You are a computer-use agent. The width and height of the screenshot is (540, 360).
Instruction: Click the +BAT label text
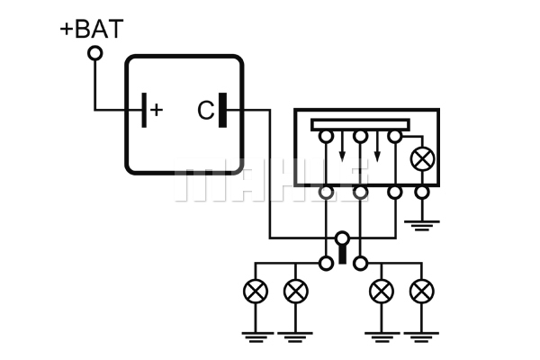tap(92, 29)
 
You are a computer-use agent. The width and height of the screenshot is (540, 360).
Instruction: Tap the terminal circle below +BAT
tap(95, 53)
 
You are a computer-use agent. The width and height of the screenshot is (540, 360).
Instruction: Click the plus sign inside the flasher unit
tap(157, 110)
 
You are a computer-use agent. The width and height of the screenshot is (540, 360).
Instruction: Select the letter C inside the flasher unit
tap(205, 110)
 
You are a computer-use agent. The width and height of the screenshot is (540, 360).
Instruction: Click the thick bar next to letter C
tap(223, 110)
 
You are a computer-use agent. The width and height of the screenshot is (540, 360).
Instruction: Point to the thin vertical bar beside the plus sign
tap(144, 110)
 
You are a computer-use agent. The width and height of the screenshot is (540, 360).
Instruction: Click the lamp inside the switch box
tap(422, 158)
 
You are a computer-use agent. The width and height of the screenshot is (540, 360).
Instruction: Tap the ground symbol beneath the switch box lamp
tap(422, 225)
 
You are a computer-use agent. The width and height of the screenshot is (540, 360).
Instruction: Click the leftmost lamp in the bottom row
tap(256, 291)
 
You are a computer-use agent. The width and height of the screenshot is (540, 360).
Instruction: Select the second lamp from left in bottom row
tap(295, 291)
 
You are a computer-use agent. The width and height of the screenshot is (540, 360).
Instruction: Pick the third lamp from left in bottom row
tap(382, 291)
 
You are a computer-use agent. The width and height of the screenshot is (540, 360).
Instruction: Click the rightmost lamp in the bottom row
tap(422, 291)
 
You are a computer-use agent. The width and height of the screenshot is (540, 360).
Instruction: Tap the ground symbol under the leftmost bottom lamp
tap(256, 337)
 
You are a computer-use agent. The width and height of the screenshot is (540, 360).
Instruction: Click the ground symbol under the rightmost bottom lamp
tap(421, 337)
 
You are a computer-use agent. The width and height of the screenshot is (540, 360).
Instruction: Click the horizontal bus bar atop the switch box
tap(360, 125)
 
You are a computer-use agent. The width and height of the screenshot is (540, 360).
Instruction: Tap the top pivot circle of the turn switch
tap(342, 238)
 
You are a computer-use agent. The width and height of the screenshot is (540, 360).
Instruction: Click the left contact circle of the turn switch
tap(326, 264)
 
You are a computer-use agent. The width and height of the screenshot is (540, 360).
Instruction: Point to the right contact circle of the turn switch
tap(360, 264)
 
